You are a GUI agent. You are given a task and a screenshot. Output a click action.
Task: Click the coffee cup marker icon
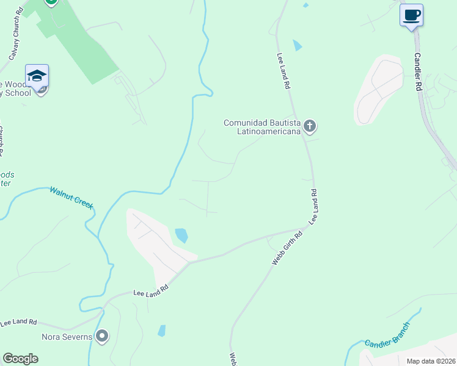coord(411,15)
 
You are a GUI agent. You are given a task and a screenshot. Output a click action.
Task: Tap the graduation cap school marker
coord(37,76)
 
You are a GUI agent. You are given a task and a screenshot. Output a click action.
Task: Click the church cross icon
coord(310,127)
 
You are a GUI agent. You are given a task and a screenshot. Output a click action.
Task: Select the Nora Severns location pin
coord(102,336)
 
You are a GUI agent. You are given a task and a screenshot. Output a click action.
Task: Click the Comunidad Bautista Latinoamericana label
coord(263,127)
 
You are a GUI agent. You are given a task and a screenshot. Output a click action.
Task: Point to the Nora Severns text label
coord(67,337)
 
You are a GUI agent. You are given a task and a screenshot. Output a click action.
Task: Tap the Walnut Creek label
coord(72,198)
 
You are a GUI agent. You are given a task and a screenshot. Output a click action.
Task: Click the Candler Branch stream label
coord(387,335)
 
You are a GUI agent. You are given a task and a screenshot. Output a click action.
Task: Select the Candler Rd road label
coord(418,71)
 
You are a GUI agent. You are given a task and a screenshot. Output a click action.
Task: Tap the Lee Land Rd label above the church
coord(282,70)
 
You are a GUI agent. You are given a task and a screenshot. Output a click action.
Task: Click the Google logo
coord(20,359)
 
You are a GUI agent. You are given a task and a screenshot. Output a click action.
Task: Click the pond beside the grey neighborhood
coord(181,235)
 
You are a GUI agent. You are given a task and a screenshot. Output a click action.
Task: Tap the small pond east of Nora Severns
coord(162,331)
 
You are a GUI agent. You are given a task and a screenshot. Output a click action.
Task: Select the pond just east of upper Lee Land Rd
coord(298,45)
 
